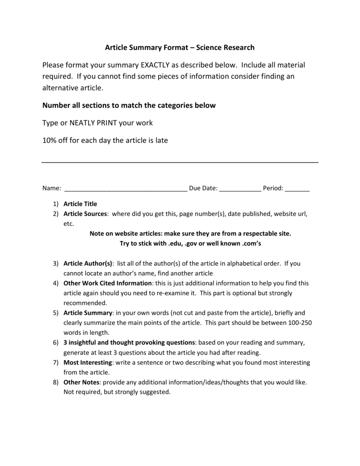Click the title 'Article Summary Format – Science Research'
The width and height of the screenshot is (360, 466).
point(180,47)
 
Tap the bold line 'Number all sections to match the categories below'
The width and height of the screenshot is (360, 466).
point(129,105)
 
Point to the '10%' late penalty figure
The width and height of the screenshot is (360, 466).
point(50,141)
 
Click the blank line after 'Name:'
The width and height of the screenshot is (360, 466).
point(126,188)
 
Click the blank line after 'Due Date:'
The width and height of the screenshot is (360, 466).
point(240,188)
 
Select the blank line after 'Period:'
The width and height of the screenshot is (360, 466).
point(297,188)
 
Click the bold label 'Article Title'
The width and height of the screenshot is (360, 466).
point(81,204)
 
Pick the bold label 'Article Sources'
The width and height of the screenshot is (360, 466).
point(85,214)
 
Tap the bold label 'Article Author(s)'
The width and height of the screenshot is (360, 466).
point(88,263)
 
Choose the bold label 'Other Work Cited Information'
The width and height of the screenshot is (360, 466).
point(107,283)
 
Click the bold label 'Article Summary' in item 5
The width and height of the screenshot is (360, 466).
point(88,313)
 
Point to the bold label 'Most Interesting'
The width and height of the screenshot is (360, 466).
point(88,362)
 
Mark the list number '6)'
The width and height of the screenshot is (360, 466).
point(55,342)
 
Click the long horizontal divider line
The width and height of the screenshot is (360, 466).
point(180,162)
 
